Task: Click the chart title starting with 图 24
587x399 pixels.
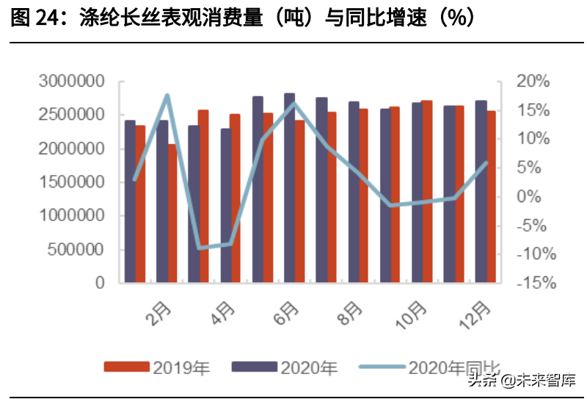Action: click(242, 18)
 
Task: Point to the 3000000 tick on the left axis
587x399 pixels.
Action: click(71, 82)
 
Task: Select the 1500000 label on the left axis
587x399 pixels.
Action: click(71, 182)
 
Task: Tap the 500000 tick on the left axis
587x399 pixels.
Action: click(76, 250)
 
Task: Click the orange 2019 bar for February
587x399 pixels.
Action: click(172, 213)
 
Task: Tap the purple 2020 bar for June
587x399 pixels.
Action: click(289, 187)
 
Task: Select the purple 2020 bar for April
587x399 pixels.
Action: click(225, 206)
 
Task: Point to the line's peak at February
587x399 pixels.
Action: click(167, 96)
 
